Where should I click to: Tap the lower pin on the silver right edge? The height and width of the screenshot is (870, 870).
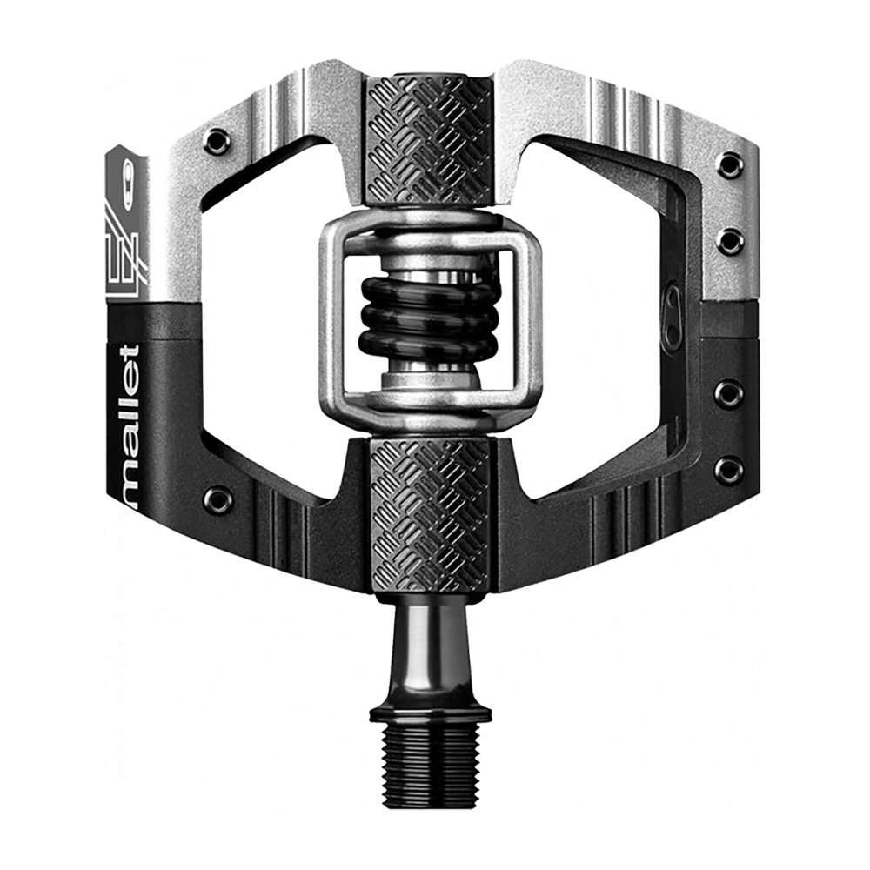(x=729, y=238)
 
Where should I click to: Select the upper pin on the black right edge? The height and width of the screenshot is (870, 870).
(x=729, y=394)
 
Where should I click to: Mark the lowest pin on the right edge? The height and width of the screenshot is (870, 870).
(x=729, y=471)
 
